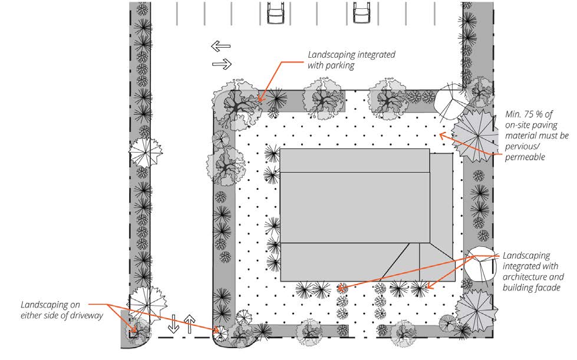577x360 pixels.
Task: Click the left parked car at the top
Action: point(275,12)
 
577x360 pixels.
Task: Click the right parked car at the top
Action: point(361,12)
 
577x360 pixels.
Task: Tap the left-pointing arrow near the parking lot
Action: point(221,46)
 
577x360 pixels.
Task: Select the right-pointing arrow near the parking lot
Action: point(222,64)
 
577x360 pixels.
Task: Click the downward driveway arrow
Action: point(173,323)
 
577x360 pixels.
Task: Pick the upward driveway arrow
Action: point(190,324)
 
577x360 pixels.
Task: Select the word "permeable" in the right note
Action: point(525,157)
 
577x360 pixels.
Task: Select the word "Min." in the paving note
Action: point(513,114)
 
